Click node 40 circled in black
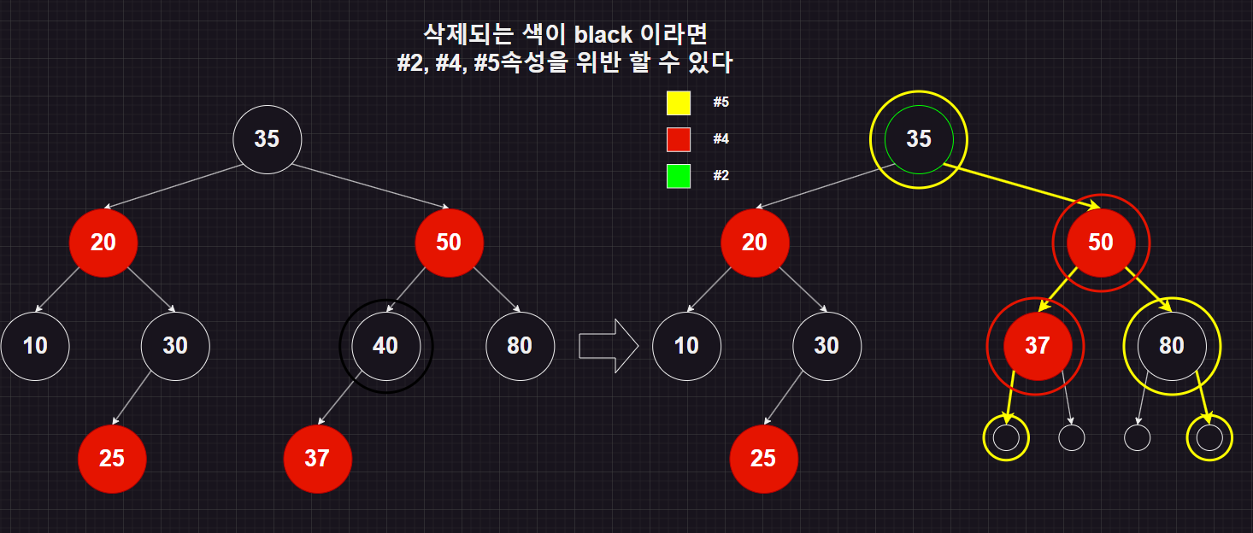[385, 345]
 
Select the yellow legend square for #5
[679, 102]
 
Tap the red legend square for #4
[679, 139]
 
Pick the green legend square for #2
[679, 176]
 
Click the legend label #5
[721, 102]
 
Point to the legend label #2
[721, 176]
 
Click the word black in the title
[603, 34]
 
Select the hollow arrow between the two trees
[609, 346]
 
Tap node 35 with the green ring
[919, 139]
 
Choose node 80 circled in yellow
[1171, 345]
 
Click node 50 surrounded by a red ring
[1101, 243]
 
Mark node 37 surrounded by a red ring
[1036, 345]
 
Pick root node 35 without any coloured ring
[268, 139]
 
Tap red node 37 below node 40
[317, 458]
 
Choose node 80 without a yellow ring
[520, 345]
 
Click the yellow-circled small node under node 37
[1006, 437]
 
